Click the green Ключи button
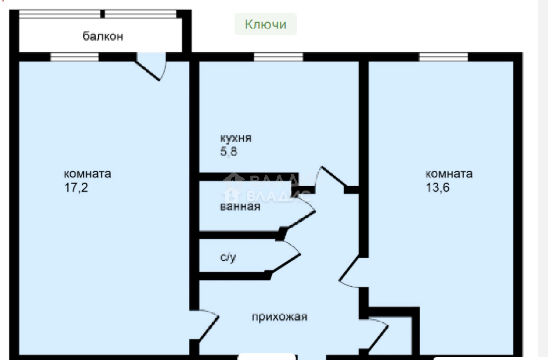click(265, 24)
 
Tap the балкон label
click(103, 36)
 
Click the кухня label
click(236, 139)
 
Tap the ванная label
click(240, 206)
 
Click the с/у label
click(228, 257)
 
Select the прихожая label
click(279, 316)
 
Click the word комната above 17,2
click(87, 174)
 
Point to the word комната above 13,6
click(449, 174)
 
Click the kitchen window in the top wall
click(278, 57)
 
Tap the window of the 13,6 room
click(443, 57)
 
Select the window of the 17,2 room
click(74, 57)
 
